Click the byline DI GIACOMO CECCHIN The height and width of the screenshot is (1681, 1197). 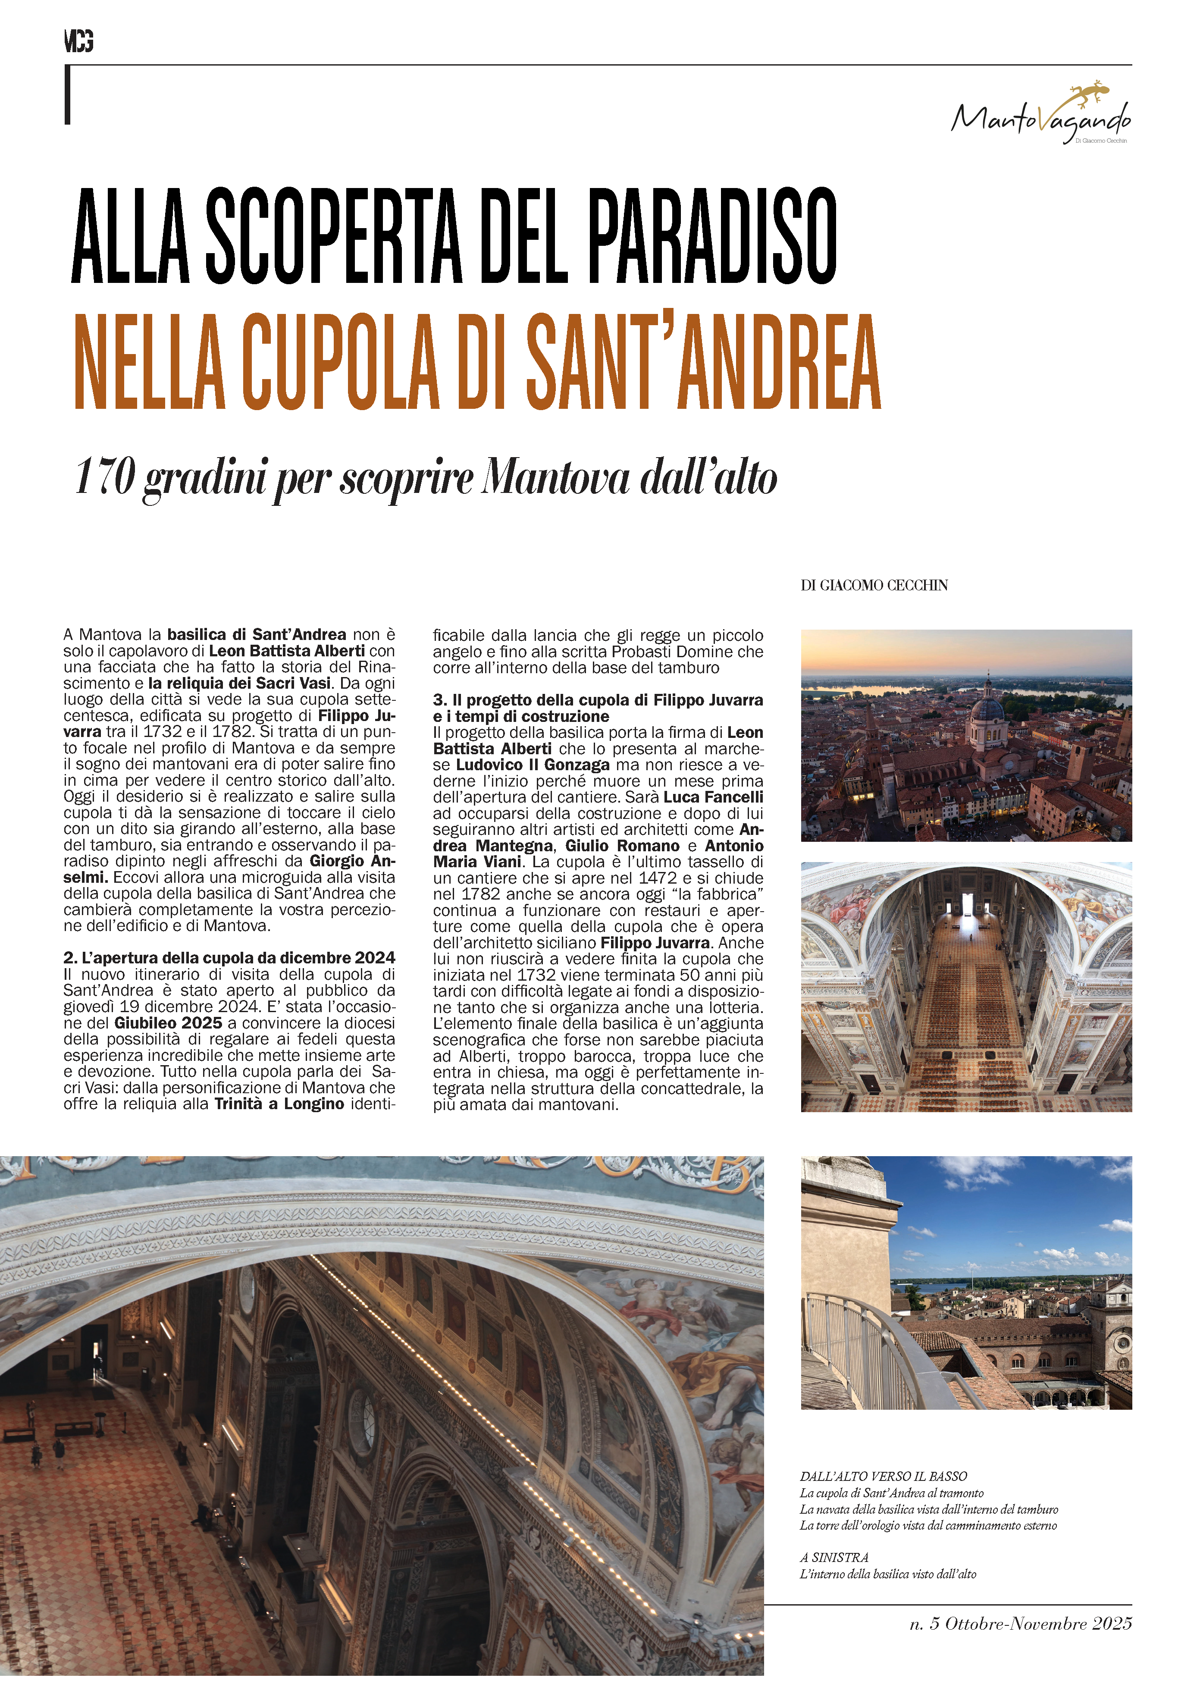point(874,585)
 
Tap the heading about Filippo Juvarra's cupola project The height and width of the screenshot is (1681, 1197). point(598,708)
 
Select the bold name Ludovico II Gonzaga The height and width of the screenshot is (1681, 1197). point(532,765)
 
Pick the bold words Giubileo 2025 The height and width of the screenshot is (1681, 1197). point(168,1023)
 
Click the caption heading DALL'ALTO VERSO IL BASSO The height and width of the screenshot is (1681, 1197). point(883,1476)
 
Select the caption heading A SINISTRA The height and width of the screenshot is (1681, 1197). point(834,1557)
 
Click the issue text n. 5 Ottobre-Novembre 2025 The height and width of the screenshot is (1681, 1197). point(1020,1624)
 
